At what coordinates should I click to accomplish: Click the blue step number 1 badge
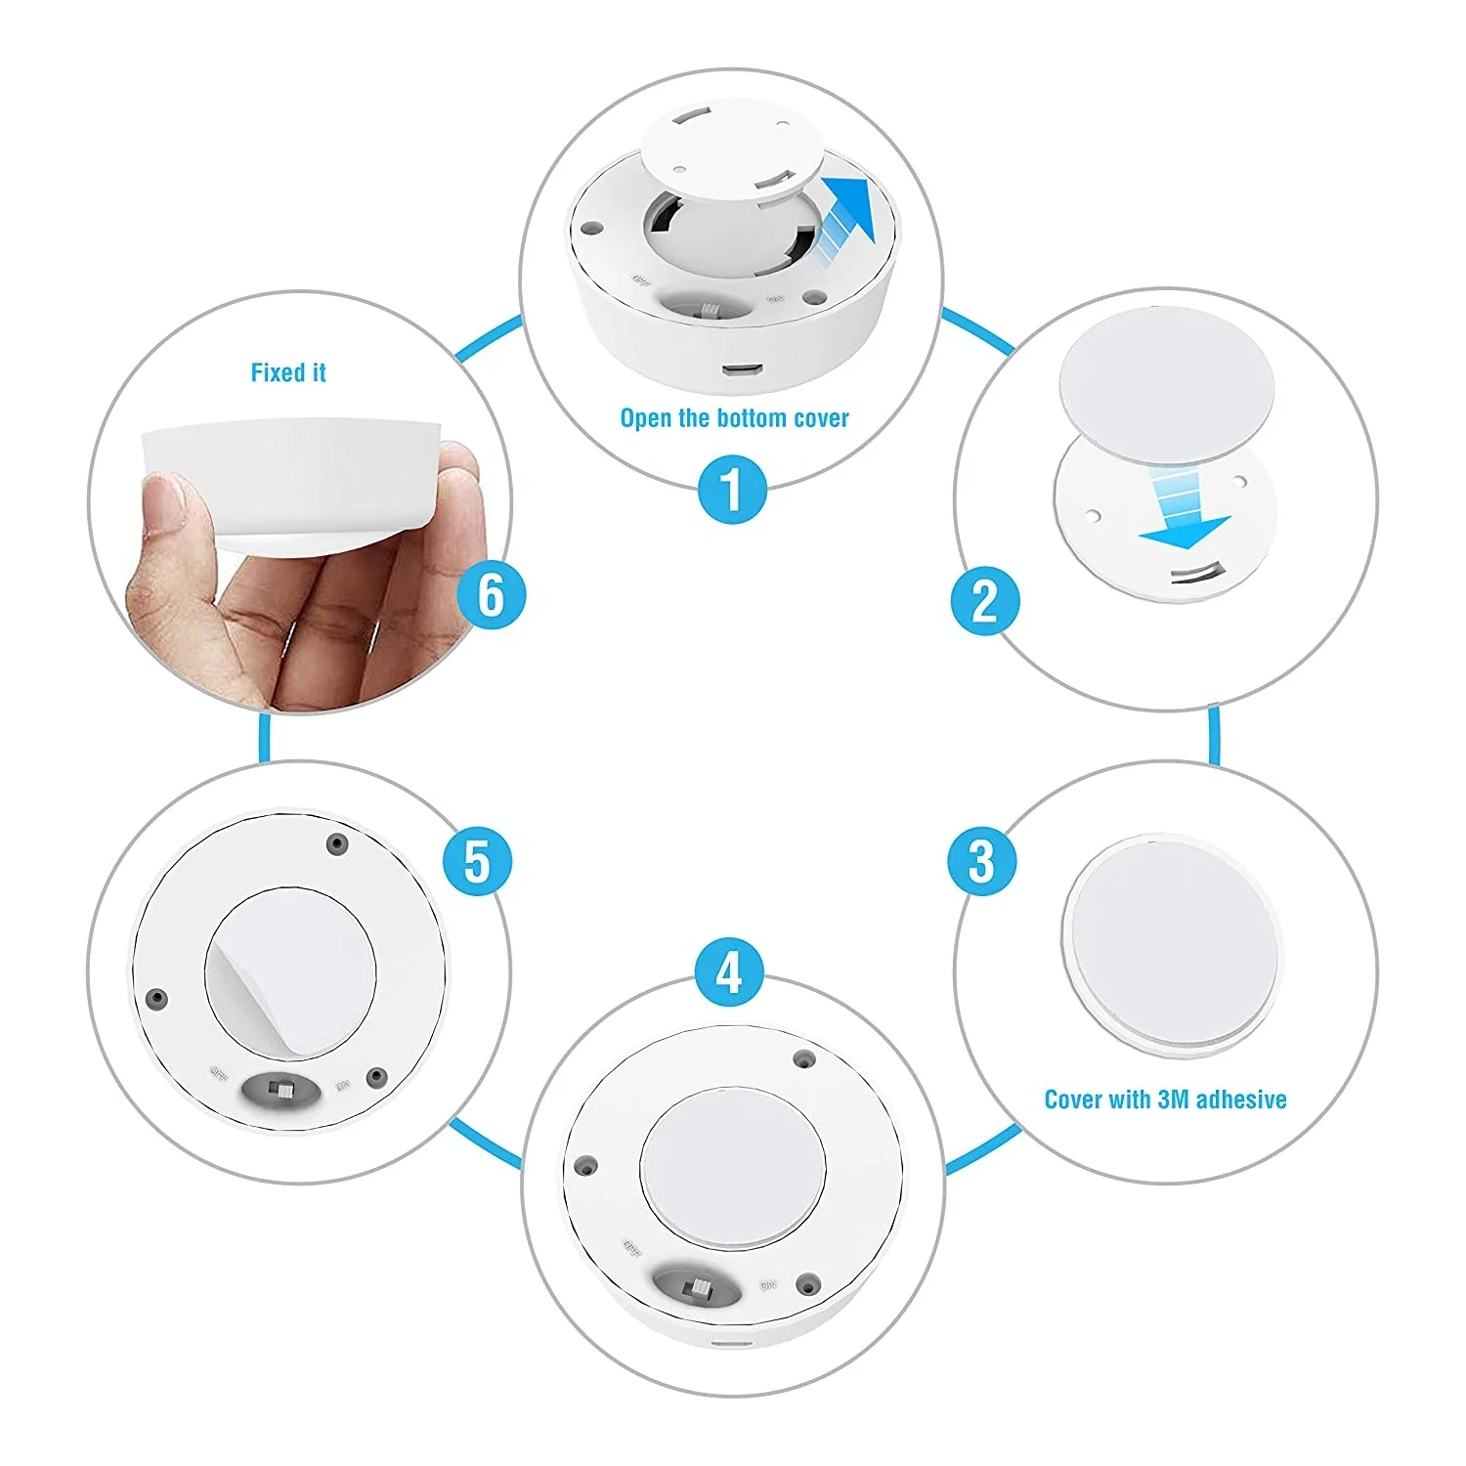(732, 489)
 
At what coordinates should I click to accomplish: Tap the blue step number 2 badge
(984, 601)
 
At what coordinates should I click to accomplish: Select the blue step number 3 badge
(981, 861)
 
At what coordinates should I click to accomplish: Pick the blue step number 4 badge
(729, 973)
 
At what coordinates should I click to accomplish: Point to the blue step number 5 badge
(477, 861)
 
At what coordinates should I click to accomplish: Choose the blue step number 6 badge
(491, 595)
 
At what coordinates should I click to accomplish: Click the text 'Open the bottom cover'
(734, 418)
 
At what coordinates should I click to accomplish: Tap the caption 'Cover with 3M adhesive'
(1165, 1099)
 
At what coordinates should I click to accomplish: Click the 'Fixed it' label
(288, 372)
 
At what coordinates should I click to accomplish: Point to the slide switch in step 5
(282, 1089)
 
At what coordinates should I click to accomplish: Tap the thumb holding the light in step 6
(167, 503)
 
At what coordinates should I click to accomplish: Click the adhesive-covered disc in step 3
(1171, 942)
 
